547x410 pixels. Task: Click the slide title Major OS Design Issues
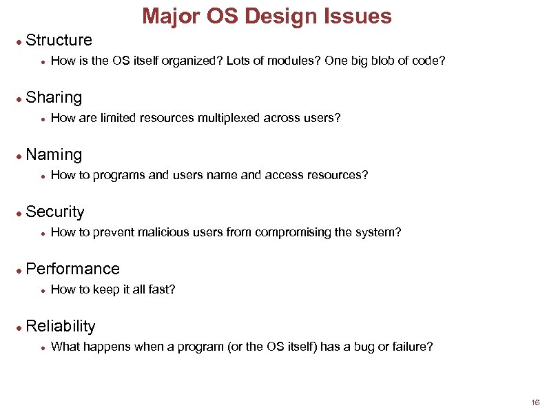(266, 16)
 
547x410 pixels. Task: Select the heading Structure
(59, 41)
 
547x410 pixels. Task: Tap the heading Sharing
(54, 98)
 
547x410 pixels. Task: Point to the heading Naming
(54, 155)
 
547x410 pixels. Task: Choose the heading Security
(55, 212)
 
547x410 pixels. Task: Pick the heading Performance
(72, 269)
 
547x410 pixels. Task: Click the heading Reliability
(61, 327)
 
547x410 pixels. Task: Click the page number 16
(535, 402)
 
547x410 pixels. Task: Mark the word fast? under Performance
(163, 289)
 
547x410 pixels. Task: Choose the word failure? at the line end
(413, 347)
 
